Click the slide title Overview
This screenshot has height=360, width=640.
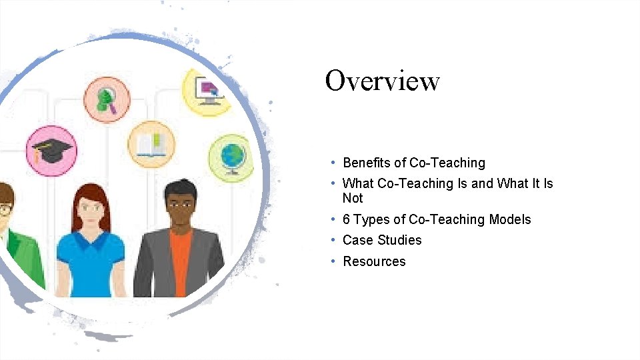click(382, 81)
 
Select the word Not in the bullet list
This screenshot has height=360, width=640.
click(352, 198)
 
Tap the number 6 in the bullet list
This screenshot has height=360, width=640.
click(346, 219)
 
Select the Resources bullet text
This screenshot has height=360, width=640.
click(374, 261)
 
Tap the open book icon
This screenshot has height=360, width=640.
click(151, 144)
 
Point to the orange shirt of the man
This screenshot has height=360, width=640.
click(181, 260)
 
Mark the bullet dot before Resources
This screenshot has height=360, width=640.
click(332, 261)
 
